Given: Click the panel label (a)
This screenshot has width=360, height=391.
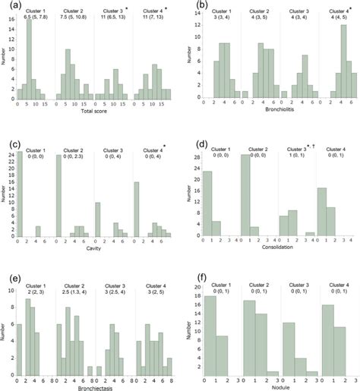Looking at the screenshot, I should (10, 6).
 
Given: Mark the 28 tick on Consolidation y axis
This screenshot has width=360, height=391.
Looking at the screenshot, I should (196, 156).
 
